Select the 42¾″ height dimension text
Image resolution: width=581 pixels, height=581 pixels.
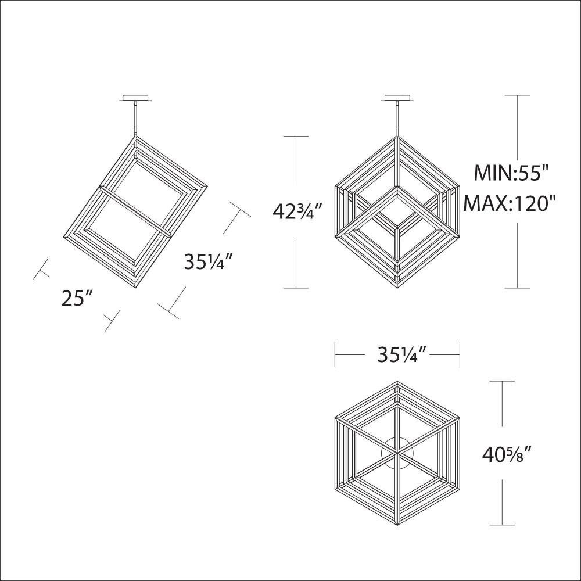(294, 212)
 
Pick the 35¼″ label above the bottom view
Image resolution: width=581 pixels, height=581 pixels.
(403, 355)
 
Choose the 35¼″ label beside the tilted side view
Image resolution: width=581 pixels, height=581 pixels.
(208, 262)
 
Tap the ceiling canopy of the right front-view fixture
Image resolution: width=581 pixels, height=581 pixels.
(397, 98)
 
